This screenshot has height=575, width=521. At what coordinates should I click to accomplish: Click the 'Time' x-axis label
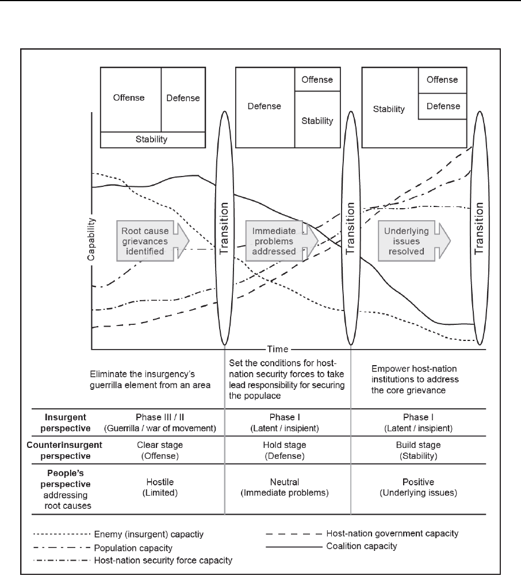(x=279, y=348)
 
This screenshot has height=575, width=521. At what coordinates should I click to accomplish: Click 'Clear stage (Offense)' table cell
(x=157, y=450)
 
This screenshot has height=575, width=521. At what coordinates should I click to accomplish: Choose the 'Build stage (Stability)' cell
(x=418, y=450)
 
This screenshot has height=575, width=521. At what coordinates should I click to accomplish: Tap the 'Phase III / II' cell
(x=157, y=422)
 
